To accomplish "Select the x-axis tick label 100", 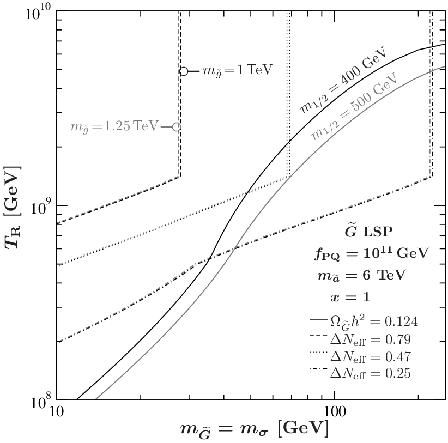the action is point(334,412).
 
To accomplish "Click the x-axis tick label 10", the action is point(56,412).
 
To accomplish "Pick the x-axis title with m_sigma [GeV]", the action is point(254,430).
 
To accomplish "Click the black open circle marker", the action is point(184,71).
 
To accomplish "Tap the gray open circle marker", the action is point(177,127).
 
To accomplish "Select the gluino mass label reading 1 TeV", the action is point(238,70).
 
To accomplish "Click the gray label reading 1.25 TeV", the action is point(114,126).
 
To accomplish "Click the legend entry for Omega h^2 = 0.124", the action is point(364,321).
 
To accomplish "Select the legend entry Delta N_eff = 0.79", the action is point(360,339).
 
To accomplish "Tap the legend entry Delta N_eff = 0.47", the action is point(360,357).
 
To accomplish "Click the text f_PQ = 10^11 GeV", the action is point(372,253).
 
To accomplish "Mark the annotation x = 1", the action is point(350,298).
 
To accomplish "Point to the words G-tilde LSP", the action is point(368,232).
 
